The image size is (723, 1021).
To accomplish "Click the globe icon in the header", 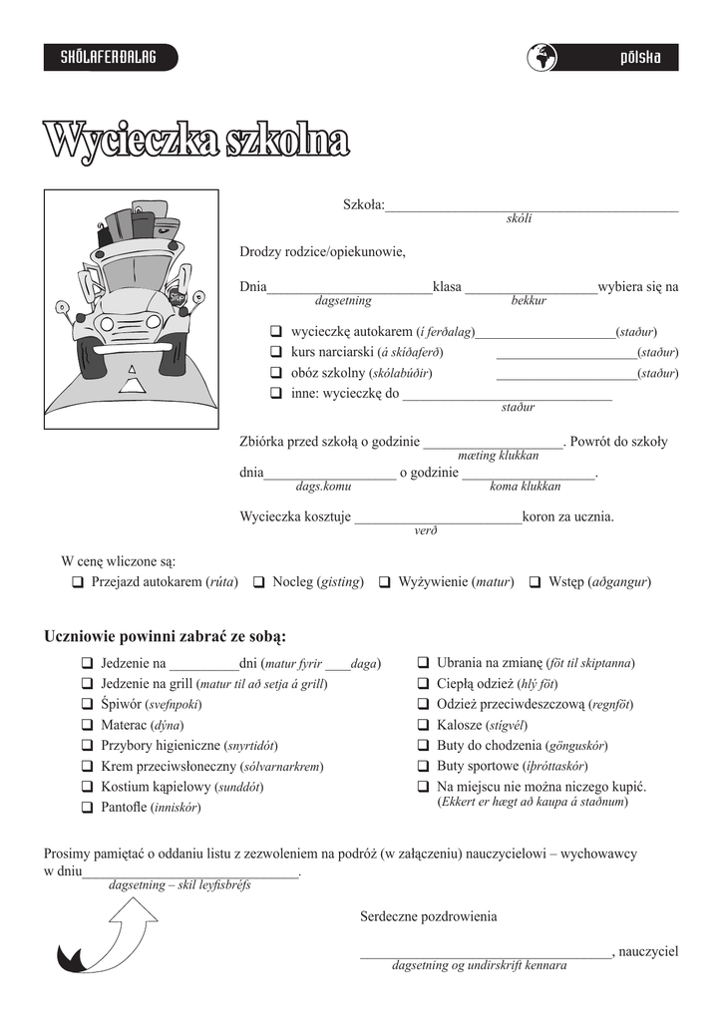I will pos(542,58).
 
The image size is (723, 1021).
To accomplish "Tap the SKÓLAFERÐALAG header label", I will pos(110,58).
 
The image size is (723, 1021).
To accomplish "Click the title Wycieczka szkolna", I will pos(195,140).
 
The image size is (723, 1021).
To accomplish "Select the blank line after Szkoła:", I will pos(532,205).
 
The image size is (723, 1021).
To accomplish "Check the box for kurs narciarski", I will pos(275,352).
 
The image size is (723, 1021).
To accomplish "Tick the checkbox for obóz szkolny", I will pos(275,373).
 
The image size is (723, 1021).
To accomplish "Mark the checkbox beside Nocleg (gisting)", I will pos(258,582).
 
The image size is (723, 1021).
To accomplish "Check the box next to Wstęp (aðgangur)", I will pos(536,582).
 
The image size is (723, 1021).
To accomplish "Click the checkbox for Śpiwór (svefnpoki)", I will pos(87,705).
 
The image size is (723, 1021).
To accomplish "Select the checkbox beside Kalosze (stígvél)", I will pos(423,725).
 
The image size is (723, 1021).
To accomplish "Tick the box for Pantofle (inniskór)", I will pos(87,807).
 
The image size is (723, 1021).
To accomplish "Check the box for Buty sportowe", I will pos(423,766).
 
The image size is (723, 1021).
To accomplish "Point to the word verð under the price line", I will pos(426,531).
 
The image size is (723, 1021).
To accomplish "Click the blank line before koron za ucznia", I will pos(438,517).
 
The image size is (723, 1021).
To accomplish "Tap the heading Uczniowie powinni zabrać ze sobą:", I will pos(166,636).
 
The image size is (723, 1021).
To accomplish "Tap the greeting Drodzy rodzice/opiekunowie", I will pos(322,251).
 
